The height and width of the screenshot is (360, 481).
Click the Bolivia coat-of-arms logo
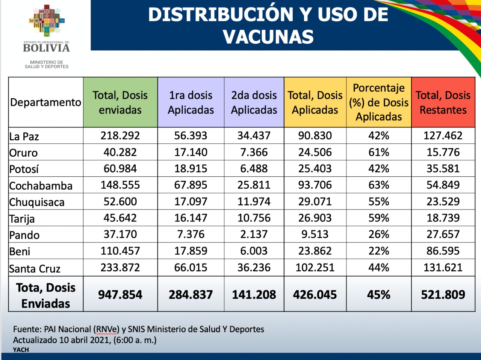coord(47,21)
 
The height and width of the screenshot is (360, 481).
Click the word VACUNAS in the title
coord(268,37)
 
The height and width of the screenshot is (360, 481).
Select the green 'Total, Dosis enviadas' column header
coord(120,102)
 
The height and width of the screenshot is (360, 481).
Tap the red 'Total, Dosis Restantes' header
coord(443,102)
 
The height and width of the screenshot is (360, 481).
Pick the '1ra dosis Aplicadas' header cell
coord(191,102)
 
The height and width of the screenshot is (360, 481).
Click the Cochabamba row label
coord(41,186)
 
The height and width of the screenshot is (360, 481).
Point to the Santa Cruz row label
coord(35,268)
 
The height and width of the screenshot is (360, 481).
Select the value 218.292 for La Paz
coord(120,136)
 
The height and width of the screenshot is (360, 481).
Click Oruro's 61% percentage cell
coord(379,152)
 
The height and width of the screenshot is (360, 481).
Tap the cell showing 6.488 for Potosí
coord(254,169)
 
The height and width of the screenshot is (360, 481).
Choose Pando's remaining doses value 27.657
coord(443,234)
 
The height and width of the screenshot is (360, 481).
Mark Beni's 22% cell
coord(379,251)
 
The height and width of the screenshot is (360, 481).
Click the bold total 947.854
coord(120,295)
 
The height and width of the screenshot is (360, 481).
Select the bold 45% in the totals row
coord(379,295)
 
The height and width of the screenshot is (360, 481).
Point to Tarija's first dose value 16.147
coord(191,218)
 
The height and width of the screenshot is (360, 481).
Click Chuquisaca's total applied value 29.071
coord(315,202)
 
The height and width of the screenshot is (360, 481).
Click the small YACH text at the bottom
coord(21,350)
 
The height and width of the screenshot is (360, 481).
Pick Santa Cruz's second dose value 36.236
coord(254,267)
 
